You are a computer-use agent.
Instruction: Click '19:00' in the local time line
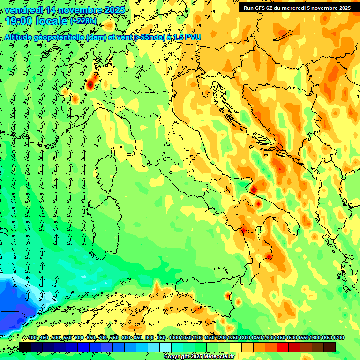(x=19, y=21)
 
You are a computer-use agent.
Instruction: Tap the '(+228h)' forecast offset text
(x=83, y=21)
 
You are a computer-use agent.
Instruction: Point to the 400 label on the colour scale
(x=32, y=338)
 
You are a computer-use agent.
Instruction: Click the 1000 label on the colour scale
(x=174, y=338)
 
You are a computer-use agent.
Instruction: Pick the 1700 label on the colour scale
(x=339, y=338)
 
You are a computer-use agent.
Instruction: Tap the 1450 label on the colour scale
(x=280, y=338)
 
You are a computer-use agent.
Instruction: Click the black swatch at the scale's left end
(x=25, y=347)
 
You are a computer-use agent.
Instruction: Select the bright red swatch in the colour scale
(x=283, y=347)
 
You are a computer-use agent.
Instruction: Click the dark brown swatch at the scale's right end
(x=330, y=347)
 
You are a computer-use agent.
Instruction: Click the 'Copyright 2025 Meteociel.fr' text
(x=199, y=356)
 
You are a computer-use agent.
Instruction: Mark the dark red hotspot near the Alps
(x=90, y=84)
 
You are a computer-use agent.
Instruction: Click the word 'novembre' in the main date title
(x=80, y=10)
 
